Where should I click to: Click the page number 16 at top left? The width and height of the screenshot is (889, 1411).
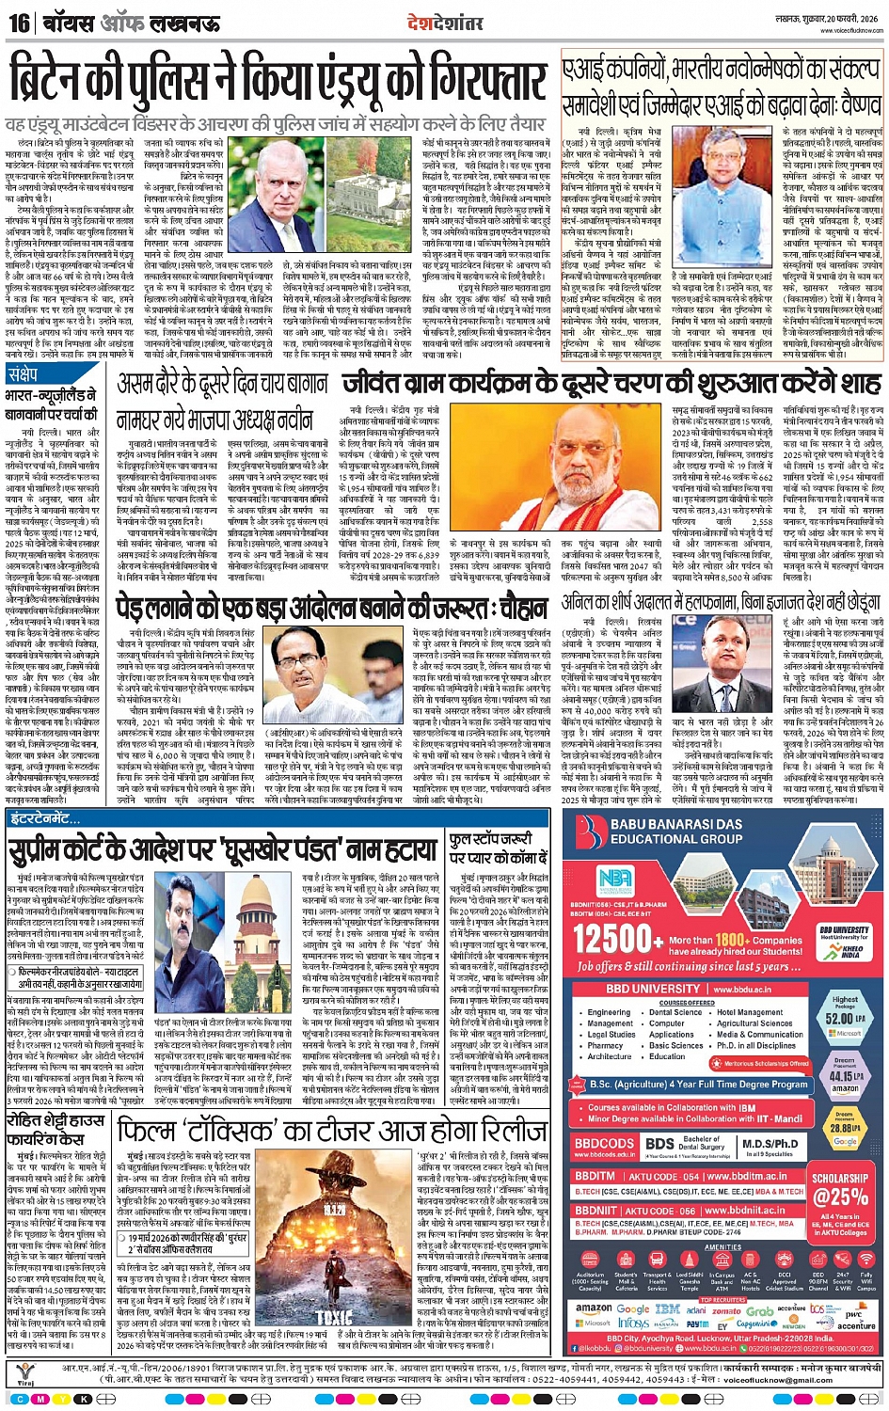click(x=18, y=23)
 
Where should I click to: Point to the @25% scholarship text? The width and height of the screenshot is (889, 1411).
click(x=842, y=1197)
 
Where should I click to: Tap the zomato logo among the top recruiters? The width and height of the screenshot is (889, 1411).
click(x=727, y=1309)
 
